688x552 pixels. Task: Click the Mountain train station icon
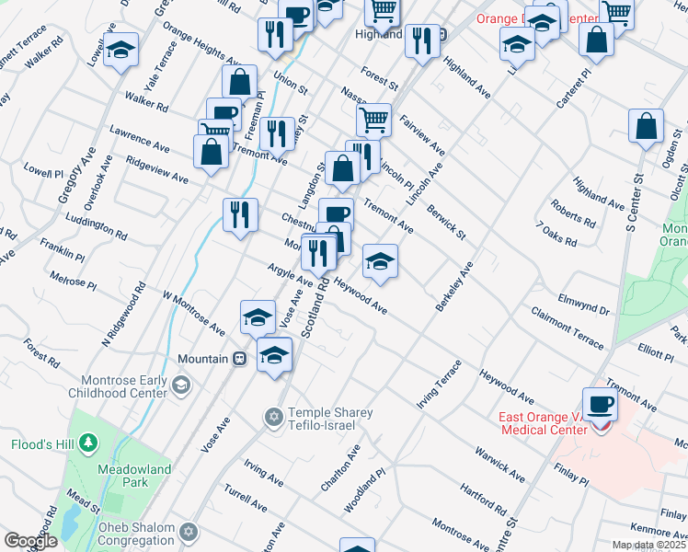pos(239,359)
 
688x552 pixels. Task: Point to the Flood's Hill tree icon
pos(88,443)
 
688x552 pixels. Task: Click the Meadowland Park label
pos(134,477)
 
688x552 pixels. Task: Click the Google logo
pos(30,541)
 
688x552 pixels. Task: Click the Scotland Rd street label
pos(315,308)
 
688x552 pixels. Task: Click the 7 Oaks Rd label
pos(556,235)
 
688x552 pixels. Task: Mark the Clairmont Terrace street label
pos(568,328)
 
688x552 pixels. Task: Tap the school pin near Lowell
pos(120,52)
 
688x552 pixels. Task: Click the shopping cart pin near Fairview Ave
pos(374,120)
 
